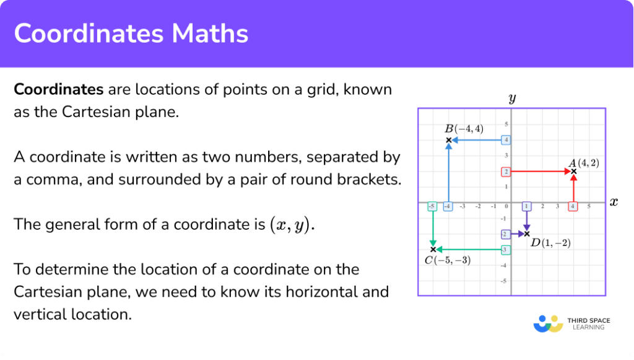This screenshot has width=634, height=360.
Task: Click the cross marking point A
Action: tap(573, 171)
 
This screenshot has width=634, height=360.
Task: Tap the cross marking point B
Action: tap(448, 140)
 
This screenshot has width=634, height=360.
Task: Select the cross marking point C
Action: tap(433, 249)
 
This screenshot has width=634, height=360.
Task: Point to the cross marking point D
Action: tap(527, 234)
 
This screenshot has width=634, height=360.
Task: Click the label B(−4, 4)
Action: tap(464, 129)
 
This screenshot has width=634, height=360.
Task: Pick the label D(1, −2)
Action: tap(550, 243)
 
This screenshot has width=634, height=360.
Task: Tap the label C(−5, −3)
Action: tap(447, 260)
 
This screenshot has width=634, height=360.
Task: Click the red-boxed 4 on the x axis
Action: tap(573, 206)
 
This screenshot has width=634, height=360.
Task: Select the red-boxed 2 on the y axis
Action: tap(506, 172)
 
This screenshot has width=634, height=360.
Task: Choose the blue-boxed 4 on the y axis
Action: tap(506, 140)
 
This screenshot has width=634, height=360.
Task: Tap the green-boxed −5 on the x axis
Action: tap(433, 206)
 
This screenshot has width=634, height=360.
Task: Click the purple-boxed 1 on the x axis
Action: tap(527, 206)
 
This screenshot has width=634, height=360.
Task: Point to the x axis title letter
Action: tap(614, 202)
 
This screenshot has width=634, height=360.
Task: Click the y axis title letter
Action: tap(512, 98)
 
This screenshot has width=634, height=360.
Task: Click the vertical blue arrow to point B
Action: tap(448, 173)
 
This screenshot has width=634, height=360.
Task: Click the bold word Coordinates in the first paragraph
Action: tap(58, 89)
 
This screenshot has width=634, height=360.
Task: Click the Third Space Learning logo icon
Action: tap(548, 324)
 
